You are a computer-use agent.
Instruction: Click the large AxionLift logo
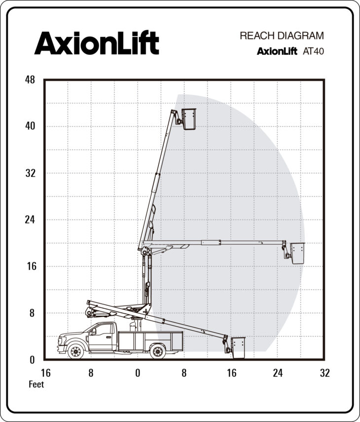coord(97,43)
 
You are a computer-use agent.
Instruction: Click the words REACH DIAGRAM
coord(282,36)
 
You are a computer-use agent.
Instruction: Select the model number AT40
coord(314,51)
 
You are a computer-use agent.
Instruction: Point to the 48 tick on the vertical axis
coord(30,80)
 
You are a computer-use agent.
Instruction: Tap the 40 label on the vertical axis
coord(30,126)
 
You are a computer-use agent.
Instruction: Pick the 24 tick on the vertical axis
coord(30,219)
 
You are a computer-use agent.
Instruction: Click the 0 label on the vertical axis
coord(32,360)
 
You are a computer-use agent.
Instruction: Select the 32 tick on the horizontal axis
coord(325,373)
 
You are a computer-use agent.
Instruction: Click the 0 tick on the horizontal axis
coord(138,373)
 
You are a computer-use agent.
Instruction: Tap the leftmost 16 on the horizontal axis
coord(45,373)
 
